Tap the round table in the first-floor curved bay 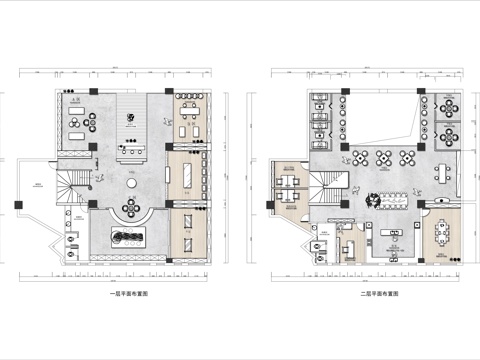(x=129, y=206)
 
